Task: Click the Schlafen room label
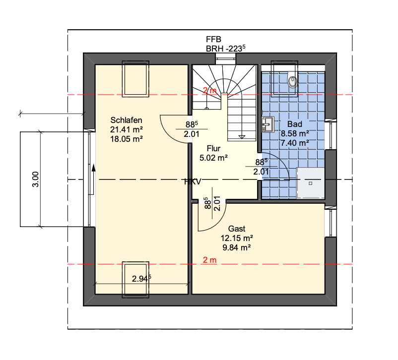(126, 120)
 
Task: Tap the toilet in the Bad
(292, 80)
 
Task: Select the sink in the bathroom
(268, 124)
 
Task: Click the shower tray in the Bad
(311, 183)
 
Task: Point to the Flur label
(213, 148)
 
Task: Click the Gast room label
(237, 229)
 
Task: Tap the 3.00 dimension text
(36, 179)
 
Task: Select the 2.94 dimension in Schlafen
(141, 279)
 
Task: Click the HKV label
(193, 181)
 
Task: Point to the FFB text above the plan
(213, 39)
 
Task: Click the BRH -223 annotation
(225, 48)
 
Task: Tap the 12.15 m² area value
(237, 238)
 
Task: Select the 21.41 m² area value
(127, 129)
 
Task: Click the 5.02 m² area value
(213, 158)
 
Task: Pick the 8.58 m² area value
(295, 133)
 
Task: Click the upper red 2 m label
(209, 90)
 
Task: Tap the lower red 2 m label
(209, 260)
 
